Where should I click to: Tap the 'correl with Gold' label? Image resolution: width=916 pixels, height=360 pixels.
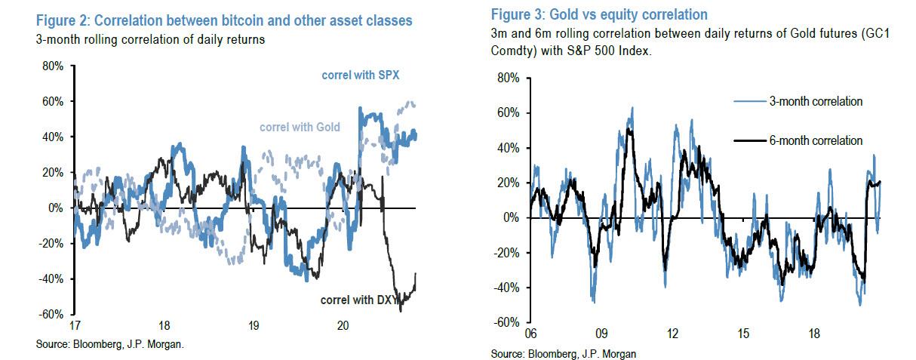pyautogui.click(x=300, y=127)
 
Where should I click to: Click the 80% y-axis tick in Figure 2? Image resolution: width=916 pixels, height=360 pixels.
pyautogui.click(x=53, y=66)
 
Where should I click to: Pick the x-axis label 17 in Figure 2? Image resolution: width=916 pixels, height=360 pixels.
pyautogui.click(x=74, y=326)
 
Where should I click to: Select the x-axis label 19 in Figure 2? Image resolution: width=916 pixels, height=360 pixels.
pyautogui.click(x=254, y=326)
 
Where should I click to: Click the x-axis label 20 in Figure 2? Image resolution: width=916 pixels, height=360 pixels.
pyautogui.click(x=343, y=326)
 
